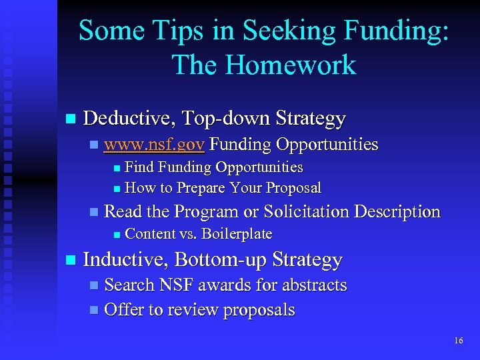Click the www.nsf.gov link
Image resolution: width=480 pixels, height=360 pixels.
coord(155,145)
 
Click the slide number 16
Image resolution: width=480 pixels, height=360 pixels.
coord(458,341)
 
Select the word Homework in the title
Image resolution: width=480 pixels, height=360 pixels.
coord(291,65)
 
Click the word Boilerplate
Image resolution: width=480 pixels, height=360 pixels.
coord(237,234)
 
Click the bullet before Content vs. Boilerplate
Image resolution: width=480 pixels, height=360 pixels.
coord(116,235)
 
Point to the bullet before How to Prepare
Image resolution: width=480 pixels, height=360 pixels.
coord(116,189)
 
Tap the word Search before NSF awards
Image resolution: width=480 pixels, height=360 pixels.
coord(129,285)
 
